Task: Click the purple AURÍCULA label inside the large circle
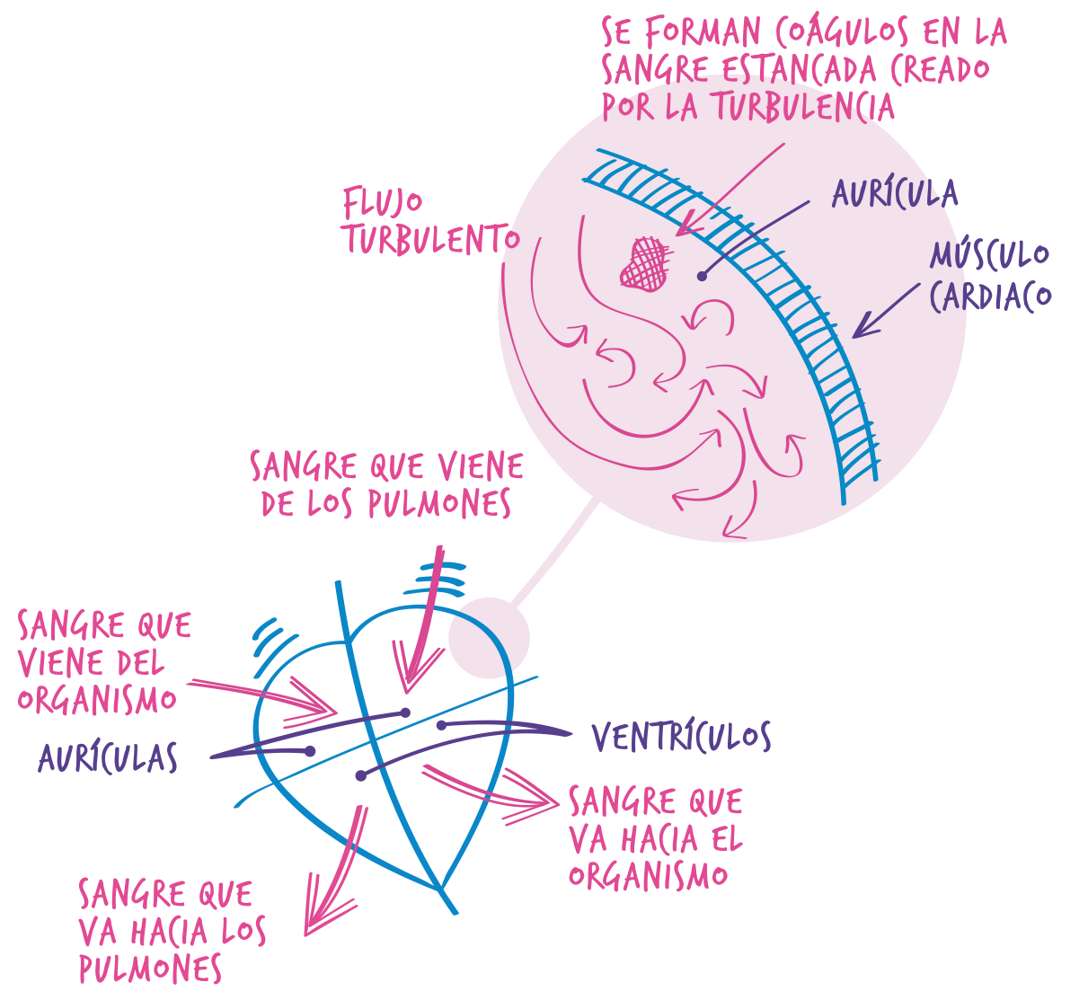(x=895, y=193)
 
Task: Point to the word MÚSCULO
(x=989, y=255)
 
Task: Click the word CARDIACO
(x=989, y=296)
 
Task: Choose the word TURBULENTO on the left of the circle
(x=432, y=240)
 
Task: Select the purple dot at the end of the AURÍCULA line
(x=702, y=276)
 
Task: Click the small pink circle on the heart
(x=488, y=637)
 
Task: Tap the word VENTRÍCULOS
(x=681, y=737)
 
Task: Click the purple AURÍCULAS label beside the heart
(x=108, y=757)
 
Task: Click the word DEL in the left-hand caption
(x=141, y=663)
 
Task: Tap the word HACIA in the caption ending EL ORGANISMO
(x=659, y=838)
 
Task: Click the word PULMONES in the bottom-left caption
(x=150, y=969)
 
